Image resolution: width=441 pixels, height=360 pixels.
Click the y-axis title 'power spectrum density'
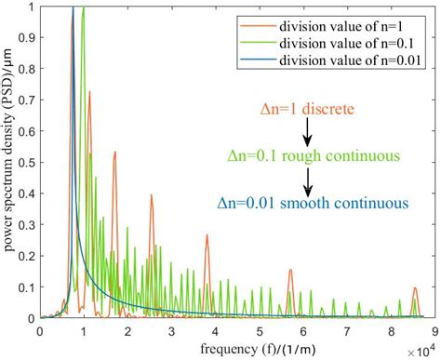[11, 163]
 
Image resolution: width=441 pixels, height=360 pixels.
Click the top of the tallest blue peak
[73, 8]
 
